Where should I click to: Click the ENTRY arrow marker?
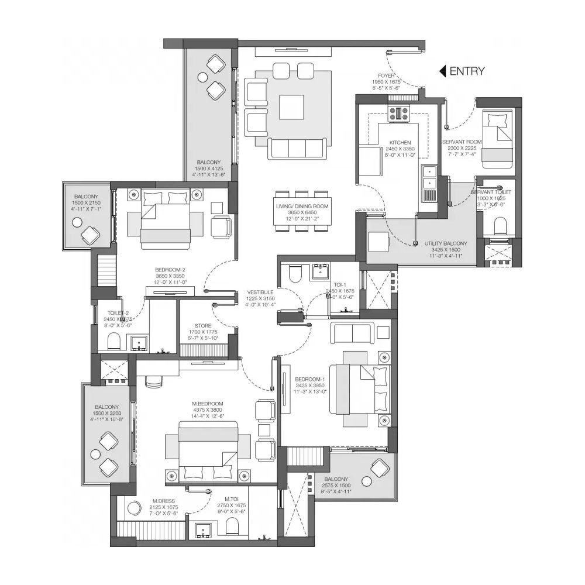click(x=443, y=71)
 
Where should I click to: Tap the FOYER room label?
click(x=386, y=75)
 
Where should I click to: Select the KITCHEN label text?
click(x=400, y=142)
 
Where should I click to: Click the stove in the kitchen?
click(x=401, y=113)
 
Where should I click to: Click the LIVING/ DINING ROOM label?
click(x=302, y=207)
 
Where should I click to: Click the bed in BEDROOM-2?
click(x=165, y=219)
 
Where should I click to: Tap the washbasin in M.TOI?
click(x=205, y=529)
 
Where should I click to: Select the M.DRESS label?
click(x=166, y=501)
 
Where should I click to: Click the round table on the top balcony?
click(x=203, y=77)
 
